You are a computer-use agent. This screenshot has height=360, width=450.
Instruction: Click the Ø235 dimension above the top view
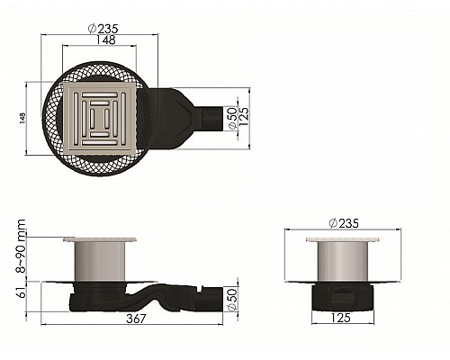[x=103, y=29]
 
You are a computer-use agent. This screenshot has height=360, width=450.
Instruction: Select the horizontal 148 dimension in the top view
[x=105, y=40]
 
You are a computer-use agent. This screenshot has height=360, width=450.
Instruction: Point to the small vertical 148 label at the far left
[x=22, y=118]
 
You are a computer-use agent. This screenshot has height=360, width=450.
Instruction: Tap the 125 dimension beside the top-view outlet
[x=244, y=117]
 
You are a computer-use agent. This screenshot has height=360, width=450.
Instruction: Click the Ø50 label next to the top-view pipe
[x=233, y=118]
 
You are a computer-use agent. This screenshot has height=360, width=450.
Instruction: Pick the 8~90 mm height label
[x=21, y=246]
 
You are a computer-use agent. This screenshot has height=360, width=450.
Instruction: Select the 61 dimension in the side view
[x=22, y=292]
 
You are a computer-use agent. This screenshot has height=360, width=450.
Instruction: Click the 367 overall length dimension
[x=136, y=319]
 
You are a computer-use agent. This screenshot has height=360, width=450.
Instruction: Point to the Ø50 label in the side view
[x=232, y=299]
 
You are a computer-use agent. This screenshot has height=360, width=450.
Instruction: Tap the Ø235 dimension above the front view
[x=344, y=223]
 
